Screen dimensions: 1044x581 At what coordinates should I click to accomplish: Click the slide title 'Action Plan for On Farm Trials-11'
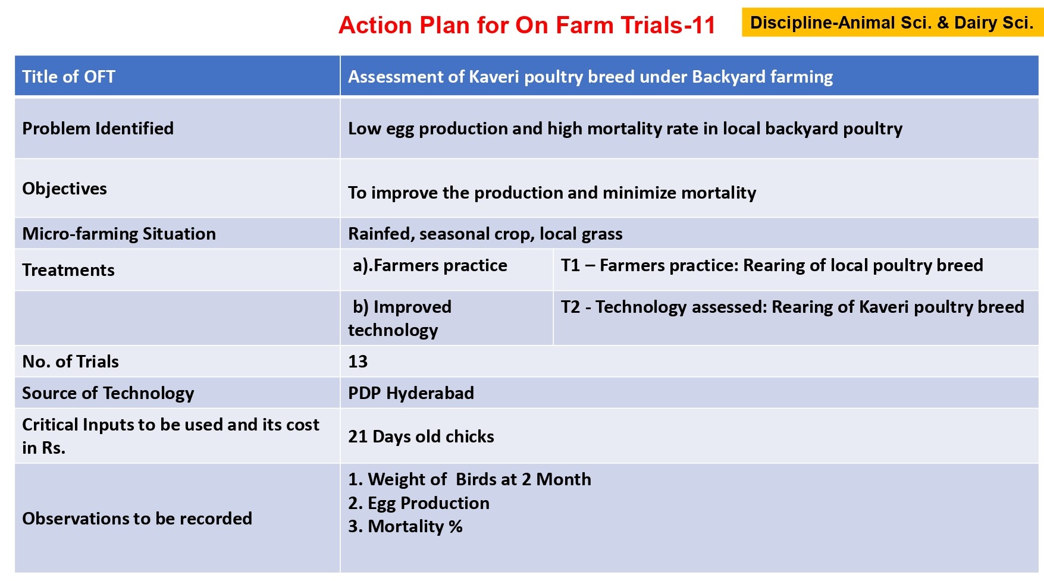click(x=526, y=26)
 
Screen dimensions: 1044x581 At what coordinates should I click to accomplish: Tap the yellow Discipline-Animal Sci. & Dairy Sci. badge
click(x=892, y=23)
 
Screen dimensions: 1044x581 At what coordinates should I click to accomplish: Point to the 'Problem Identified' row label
click(x=98, y=128)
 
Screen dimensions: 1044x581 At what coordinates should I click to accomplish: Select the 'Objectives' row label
click(x=65, y=189)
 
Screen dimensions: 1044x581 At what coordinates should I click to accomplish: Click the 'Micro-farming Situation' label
click(x=119, y=234)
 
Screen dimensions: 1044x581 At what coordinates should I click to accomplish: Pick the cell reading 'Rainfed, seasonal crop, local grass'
click(x=485, y=234)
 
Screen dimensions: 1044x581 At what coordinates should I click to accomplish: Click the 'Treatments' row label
click(x=68, y=270)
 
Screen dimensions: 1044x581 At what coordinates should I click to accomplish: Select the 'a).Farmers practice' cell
click(x=430, y=265)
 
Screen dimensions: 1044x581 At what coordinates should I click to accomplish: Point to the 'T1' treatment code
click(x=570, y=265)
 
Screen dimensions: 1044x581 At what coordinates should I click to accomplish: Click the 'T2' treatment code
click(x=570, y=307)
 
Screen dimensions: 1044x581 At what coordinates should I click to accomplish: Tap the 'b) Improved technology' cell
click(x=400, y=318)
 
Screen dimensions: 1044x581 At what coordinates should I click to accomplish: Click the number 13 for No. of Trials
click(x=358, y=362)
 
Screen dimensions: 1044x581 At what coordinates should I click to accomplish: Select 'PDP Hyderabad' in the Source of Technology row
click(x=411, y=393)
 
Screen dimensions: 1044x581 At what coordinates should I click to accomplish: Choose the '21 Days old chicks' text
click(x=421, y=436)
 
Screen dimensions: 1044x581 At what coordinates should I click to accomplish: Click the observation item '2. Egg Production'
click(x=419, y=503)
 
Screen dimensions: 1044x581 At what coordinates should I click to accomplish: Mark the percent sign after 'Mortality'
click(x=456, y=526)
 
